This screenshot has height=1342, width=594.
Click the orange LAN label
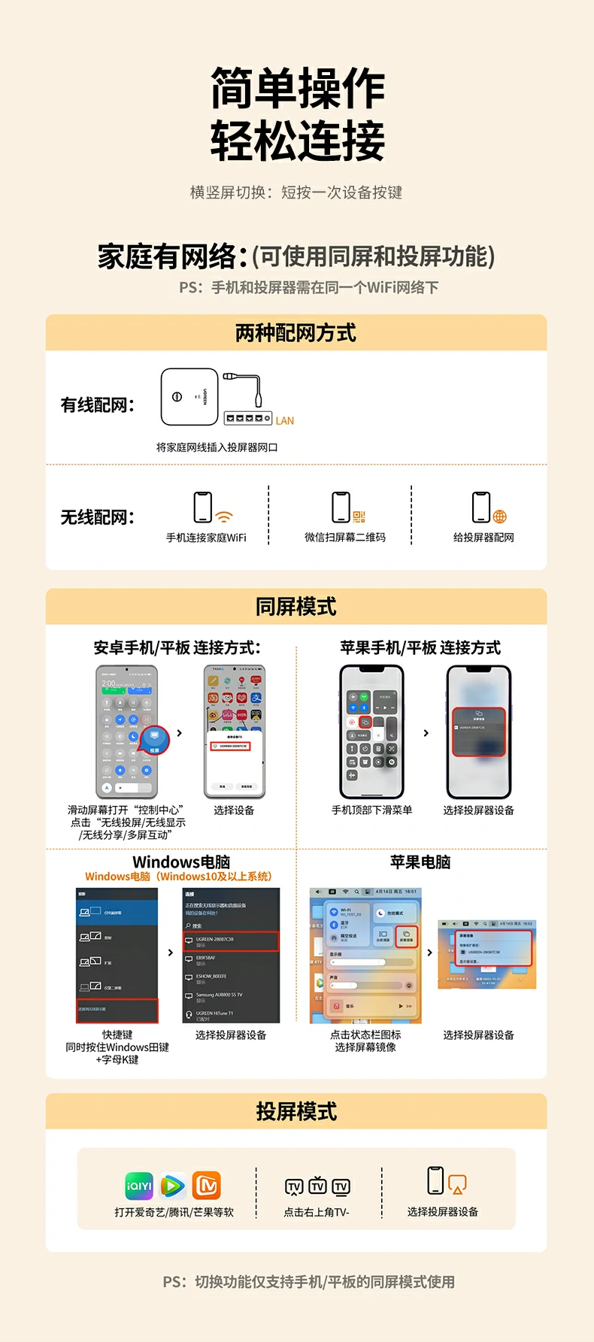pos(284,421)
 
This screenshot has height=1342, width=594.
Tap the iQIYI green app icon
pos(139,1186)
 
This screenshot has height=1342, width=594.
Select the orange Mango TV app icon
pos(206,1186)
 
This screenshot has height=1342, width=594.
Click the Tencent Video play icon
pos(172,1186)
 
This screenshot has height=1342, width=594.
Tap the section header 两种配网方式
pos(295,333)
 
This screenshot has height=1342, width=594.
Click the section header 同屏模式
pos(295,607)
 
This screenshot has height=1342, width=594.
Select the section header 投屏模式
pos(295,1111)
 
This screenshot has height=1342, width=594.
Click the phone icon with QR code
pos(342,507)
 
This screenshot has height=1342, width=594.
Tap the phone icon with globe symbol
pos(482,507)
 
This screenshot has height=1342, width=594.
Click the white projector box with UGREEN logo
pos(189,397)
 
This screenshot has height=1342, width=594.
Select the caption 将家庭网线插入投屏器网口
pos(217,447)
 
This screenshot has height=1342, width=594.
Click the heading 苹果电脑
pos(420,862)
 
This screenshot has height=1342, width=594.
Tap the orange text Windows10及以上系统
pos(214,877)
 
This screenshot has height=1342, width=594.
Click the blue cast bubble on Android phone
pos(154,738)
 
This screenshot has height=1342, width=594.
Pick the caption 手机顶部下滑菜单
pos(371,810)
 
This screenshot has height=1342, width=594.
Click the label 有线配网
pos(97,405)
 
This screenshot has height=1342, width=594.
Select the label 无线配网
pos(97,517)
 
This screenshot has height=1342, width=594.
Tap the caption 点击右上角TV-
pos(316,1212)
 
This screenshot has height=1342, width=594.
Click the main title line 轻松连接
pos(298,141)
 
